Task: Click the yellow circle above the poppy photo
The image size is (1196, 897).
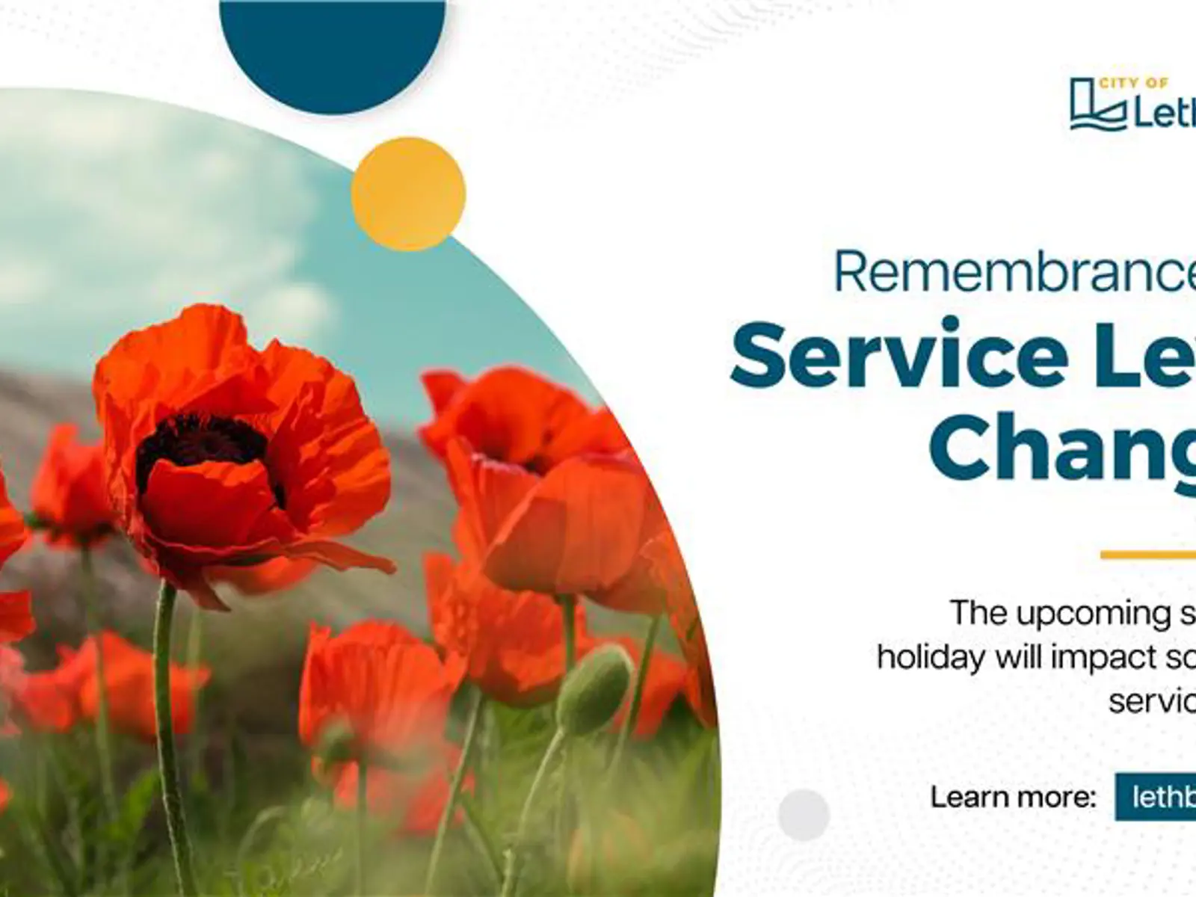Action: click(408, 194)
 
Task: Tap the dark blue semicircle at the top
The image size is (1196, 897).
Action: click(333, 45)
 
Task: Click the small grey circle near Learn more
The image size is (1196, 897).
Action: click(804, 814)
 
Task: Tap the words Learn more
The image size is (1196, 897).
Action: click(1013, 797)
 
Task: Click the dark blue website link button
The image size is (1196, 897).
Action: click(1156, 797)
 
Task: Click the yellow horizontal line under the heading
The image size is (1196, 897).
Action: click(1148, 555)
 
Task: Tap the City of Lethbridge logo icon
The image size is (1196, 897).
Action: click(1097, 105)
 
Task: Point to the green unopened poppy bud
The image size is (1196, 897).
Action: click(594, 688)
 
